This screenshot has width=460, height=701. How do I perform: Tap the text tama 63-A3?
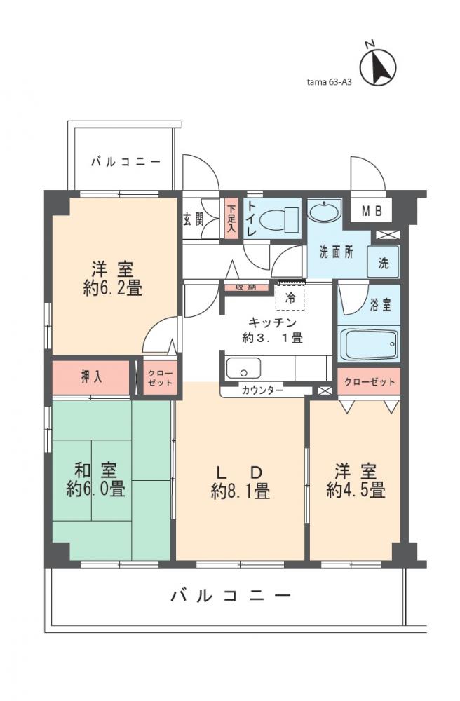point(329,81)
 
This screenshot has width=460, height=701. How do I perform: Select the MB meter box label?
point(371,210)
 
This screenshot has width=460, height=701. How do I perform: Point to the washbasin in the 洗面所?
point(324,212)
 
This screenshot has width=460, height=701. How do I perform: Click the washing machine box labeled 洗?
point(384,264)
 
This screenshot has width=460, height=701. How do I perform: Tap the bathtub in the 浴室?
point(369,344)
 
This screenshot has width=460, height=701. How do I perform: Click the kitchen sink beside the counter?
point(243,367)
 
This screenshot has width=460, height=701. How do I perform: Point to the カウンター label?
point(263,390)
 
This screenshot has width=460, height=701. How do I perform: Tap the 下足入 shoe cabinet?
point(231,218)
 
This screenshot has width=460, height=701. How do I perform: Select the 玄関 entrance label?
point(193,218)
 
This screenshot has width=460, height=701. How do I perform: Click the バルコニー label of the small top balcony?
point(126,162)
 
